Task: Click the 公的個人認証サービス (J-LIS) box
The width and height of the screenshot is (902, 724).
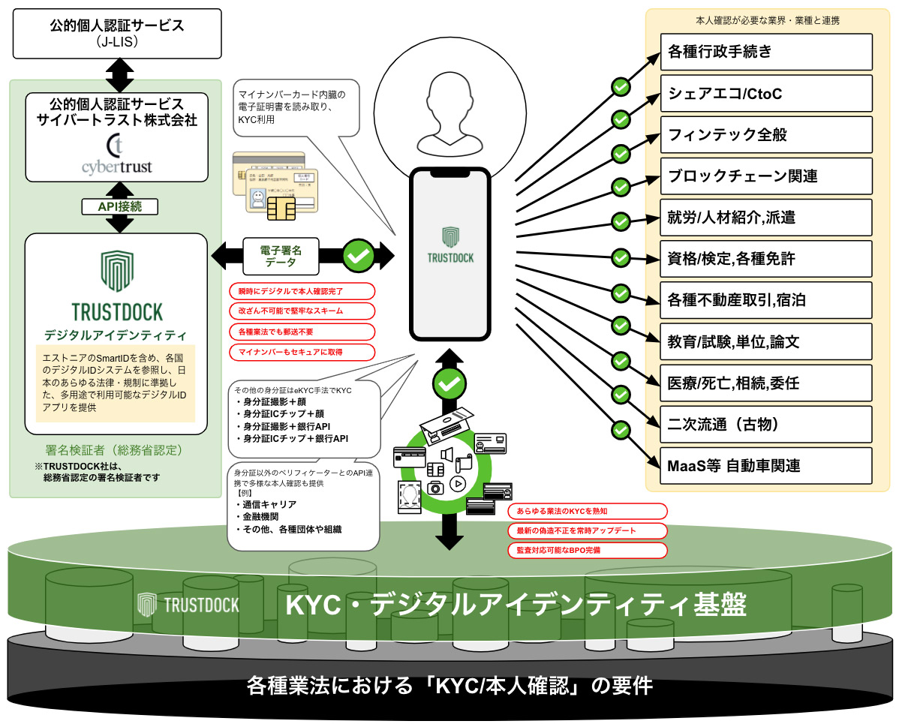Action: [116, 34]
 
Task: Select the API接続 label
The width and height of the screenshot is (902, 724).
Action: [116, 206]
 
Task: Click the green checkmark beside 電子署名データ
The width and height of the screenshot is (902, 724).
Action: [359, 255]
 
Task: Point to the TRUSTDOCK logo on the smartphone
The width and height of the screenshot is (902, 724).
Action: [450, 243]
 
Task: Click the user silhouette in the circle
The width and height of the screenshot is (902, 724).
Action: [449, 116]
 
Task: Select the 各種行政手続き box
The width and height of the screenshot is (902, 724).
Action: [766, 53]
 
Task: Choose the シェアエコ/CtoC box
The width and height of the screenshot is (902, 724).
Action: [766, 94]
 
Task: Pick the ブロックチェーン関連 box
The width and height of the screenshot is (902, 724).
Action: [766, 176]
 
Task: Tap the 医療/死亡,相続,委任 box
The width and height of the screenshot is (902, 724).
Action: [766, 383]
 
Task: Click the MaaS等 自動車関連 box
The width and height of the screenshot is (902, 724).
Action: [766, 465]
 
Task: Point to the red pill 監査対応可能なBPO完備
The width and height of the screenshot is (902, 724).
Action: [587, 550]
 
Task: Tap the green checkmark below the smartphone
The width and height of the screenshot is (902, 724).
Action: [449, 384]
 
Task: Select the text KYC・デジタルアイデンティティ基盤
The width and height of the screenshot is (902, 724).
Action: [516, 605]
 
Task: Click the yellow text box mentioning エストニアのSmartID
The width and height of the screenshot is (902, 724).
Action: [116, 383]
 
